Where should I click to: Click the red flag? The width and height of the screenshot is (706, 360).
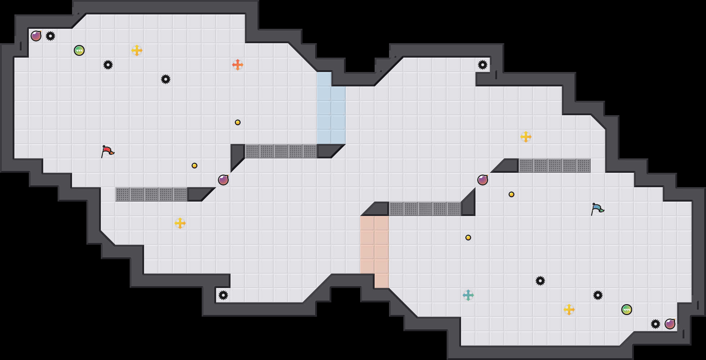107,151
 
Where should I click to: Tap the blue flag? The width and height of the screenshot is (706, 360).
597,209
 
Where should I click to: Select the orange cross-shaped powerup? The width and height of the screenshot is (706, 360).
238,65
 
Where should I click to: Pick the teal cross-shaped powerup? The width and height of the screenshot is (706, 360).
468,295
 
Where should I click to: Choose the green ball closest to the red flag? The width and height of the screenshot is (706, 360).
79,50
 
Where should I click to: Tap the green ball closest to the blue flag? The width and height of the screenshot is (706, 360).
627,310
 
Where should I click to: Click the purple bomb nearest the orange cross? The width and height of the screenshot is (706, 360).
223,180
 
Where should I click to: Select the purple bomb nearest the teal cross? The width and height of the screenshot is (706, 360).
483,180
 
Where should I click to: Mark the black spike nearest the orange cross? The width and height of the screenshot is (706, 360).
166,79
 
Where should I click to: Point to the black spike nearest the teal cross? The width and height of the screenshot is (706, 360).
540,281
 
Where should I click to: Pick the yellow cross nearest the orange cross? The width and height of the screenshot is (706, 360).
137,50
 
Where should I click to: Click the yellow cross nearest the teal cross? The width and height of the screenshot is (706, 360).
569,310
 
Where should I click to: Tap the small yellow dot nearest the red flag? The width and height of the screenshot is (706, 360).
195,166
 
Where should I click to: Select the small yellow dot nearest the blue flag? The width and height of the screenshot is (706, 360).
511,194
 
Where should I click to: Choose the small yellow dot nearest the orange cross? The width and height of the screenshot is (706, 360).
238,122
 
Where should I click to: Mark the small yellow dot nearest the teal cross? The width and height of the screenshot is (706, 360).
468,238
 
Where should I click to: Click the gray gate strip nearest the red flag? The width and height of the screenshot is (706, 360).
151,194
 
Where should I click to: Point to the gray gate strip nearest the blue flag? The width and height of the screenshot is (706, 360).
555,166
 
